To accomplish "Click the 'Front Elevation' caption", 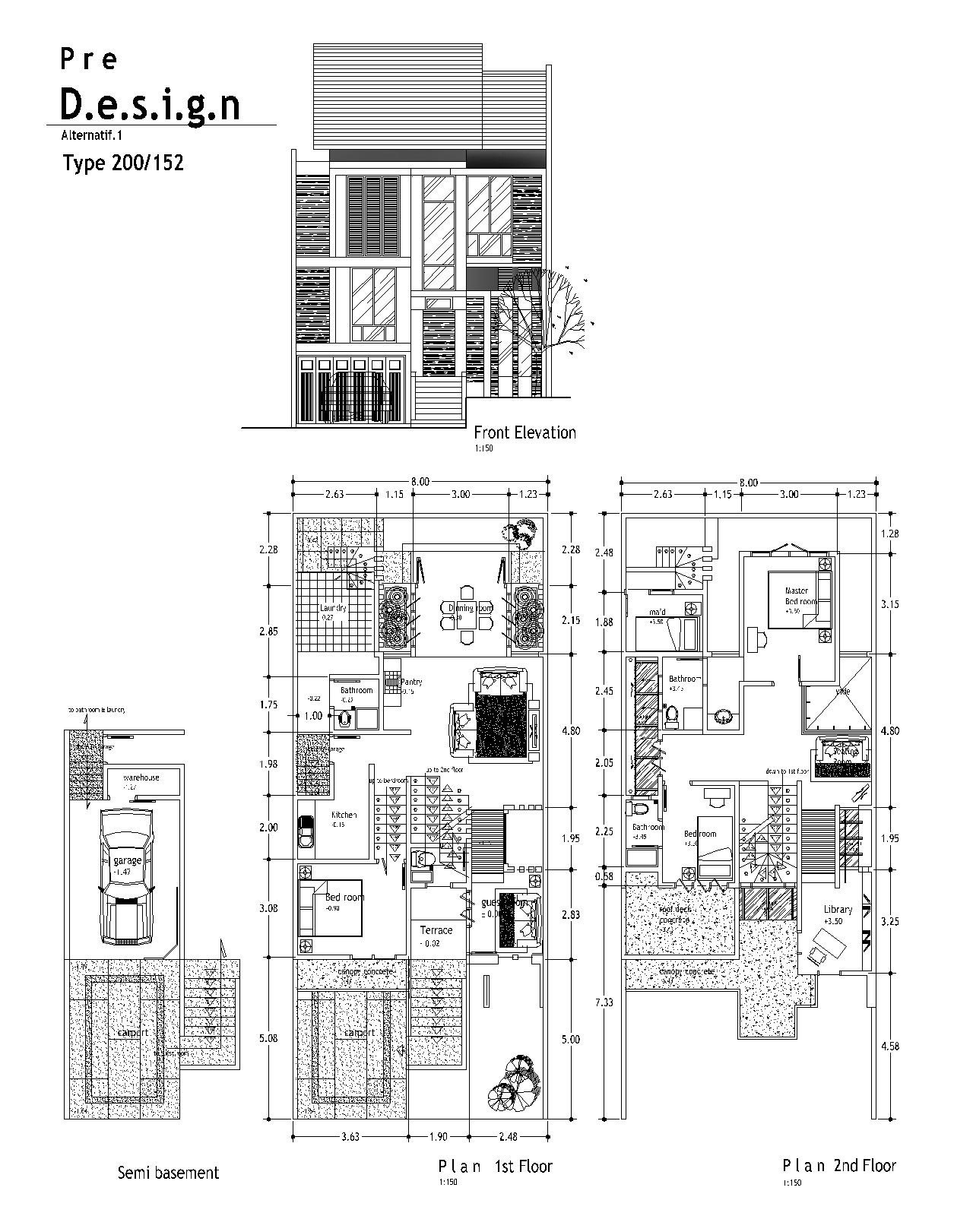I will [x=525, y=432].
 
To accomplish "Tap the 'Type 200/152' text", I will [x=123, y=163].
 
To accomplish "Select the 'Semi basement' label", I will [x=168, y=1173].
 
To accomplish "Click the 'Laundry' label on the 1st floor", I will [x=333, y=608].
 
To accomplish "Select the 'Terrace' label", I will [x=436, y=930].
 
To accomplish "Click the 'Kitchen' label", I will [x=344, y=815].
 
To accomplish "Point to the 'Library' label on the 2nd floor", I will [x=838, y=910].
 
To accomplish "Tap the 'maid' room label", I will [x=658, y=613].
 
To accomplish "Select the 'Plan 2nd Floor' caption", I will [x=839, y=1166].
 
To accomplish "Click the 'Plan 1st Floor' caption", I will [x=495, y=1167].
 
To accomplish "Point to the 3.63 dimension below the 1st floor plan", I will [x=350, y=1137].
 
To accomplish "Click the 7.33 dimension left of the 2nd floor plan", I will [x=604, y=1002].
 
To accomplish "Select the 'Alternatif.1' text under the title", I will [x=91, y=135].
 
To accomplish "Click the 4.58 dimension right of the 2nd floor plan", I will [x=889, y=1046].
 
